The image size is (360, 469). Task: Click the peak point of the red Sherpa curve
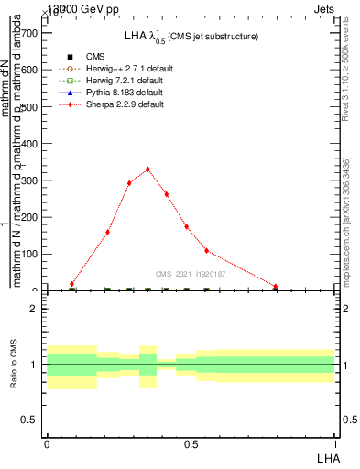147,169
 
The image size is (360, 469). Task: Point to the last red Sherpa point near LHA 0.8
275,287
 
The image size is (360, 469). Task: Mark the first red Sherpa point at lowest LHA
71,284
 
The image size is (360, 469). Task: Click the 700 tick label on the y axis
28,32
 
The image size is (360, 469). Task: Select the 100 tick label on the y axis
28,254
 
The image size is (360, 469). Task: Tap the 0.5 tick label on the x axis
191,443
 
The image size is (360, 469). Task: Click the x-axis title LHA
328,456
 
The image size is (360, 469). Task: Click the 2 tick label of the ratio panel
33,309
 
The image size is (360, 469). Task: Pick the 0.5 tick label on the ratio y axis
28,420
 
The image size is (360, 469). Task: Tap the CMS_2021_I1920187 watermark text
191,274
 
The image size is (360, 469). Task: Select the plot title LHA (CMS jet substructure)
191,36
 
